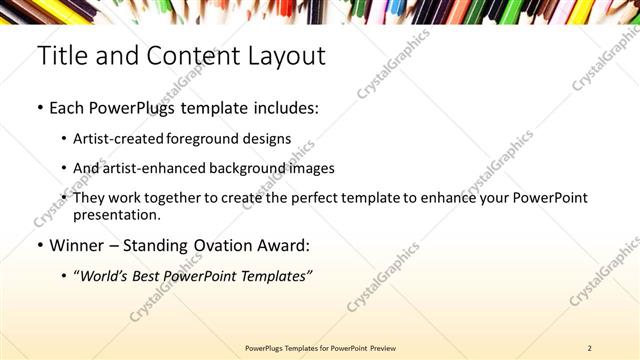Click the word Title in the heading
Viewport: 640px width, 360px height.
pyautogui.click(x=61, y=56)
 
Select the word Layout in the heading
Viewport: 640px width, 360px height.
pyautogui.click(x=287, y=56)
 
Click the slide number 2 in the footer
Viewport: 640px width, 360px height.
pyautogui.click(x=590, y=347)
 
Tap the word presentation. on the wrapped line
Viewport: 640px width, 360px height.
pyautogui.click(x=116, y=214)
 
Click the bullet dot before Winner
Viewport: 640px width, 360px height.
pyautogui.click(x=40, y=246)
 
